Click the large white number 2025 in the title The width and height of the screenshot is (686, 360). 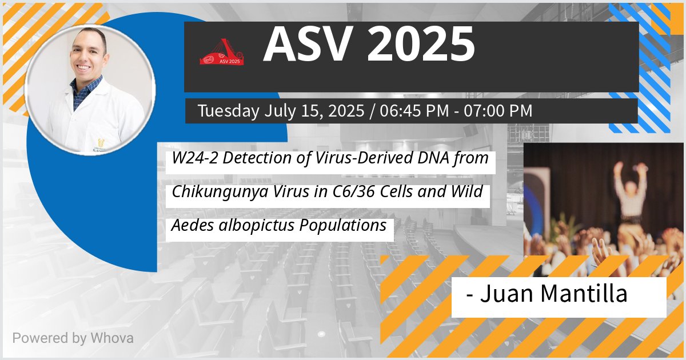421,45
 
